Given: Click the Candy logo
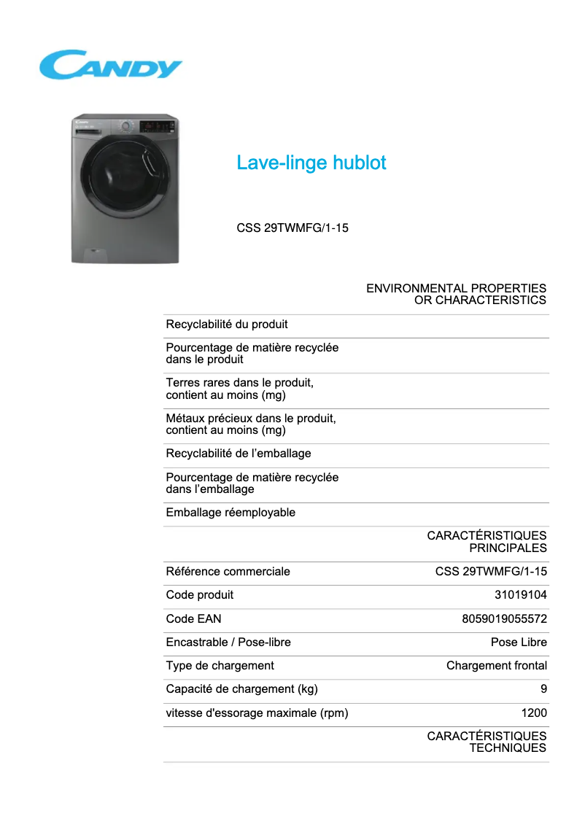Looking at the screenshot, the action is [110, 65].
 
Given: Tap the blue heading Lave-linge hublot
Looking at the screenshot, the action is [311, 163].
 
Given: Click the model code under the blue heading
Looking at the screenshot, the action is [292, 228].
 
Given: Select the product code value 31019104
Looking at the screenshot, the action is [520, 595].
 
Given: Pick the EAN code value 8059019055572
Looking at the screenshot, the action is [504, 619].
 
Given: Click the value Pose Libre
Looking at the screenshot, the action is [519, 642].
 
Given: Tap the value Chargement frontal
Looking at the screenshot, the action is [496, 666].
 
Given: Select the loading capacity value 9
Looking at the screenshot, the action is [543, 689].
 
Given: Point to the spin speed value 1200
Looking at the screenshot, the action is [534, 713].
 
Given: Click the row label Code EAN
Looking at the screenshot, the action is [193, 619].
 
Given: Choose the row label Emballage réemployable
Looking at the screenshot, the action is [230, 513].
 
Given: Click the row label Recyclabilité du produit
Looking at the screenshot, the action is [227, 325].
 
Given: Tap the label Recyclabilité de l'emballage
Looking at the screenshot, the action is [239, 454].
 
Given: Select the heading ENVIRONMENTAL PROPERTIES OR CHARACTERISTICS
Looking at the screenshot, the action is [456, 295].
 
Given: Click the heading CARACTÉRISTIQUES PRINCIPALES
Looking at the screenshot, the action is [487, 542].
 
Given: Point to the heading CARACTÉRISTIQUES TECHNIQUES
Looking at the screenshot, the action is [487, 742].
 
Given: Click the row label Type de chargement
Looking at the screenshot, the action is [220, 666].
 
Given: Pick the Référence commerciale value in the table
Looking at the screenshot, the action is [491, 572].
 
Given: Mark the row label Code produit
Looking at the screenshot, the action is [200, 595].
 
